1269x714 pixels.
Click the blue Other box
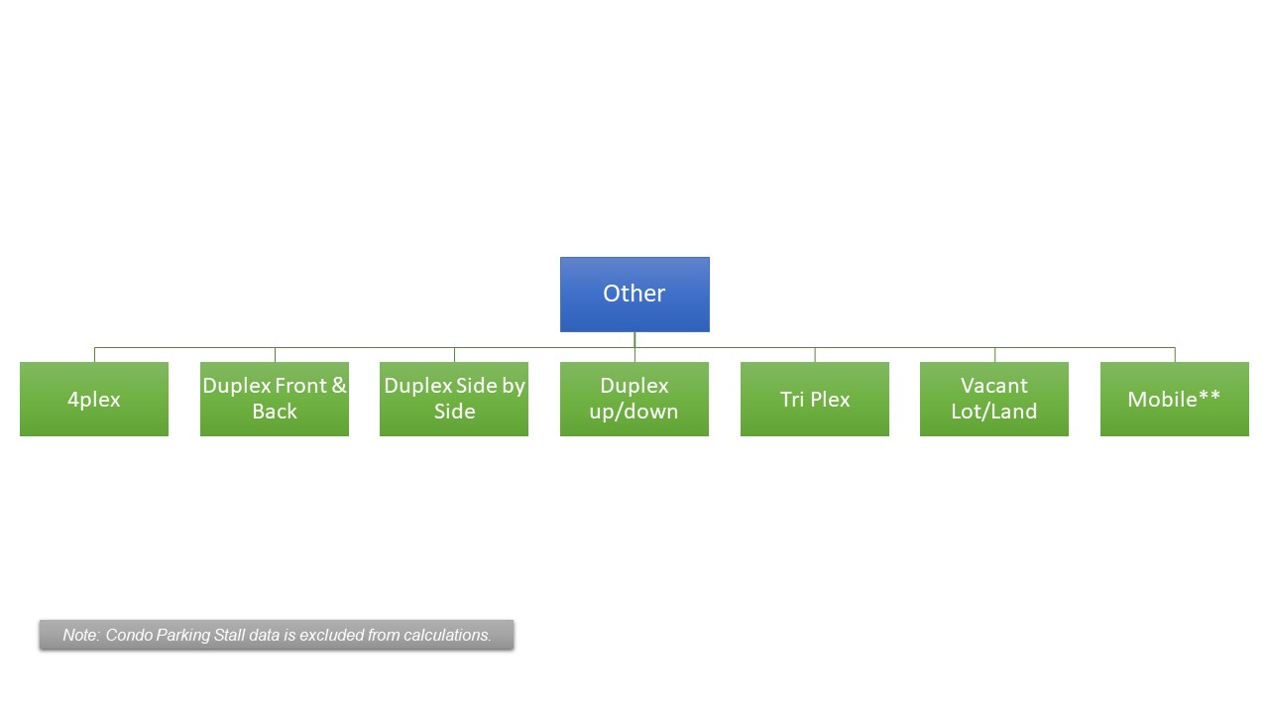[634, 295]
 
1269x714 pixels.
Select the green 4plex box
[94, 399]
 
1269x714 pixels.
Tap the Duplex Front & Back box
[275, 399]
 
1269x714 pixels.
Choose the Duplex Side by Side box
[454, 399]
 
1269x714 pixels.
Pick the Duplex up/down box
[634, 399]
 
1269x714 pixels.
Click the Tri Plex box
[815, 399]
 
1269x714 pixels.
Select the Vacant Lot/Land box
[994, 399]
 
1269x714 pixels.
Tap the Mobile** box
[1175, 399]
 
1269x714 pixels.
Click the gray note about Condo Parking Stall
[277, 635]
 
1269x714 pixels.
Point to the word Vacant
[993, 386]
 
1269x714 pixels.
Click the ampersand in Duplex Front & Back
[339, 386]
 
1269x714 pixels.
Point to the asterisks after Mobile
[1210, 396]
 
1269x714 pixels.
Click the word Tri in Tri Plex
[791, 399]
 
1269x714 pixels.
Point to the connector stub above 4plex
[94, 355]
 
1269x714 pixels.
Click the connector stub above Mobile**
[1175, 355]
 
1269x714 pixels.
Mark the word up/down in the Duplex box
[634, 412]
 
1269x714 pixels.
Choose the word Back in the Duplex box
[275, 411]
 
